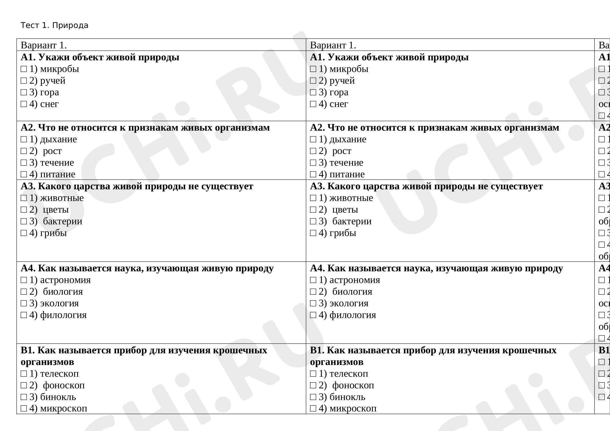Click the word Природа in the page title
point(70,25)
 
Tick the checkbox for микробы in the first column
point(24,69)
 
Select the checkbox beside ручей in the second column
point(313,81)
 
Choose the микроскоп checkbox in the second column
point(313,409)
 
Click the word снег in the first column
point(49,104)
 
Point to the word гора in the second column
point(339,92)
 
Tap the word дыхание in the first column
point(58,139)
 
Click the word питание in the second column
point(347,174)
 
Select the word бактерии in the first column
point(62,221)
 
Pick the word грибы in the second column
point(343,233)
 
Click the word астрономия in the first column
point(65,280)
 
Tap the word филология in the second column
point(353,315)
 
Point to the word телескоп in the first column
point(59,374)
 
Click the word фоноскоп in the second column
point(353,385)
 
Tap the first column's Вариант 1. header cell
point(44,45)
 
